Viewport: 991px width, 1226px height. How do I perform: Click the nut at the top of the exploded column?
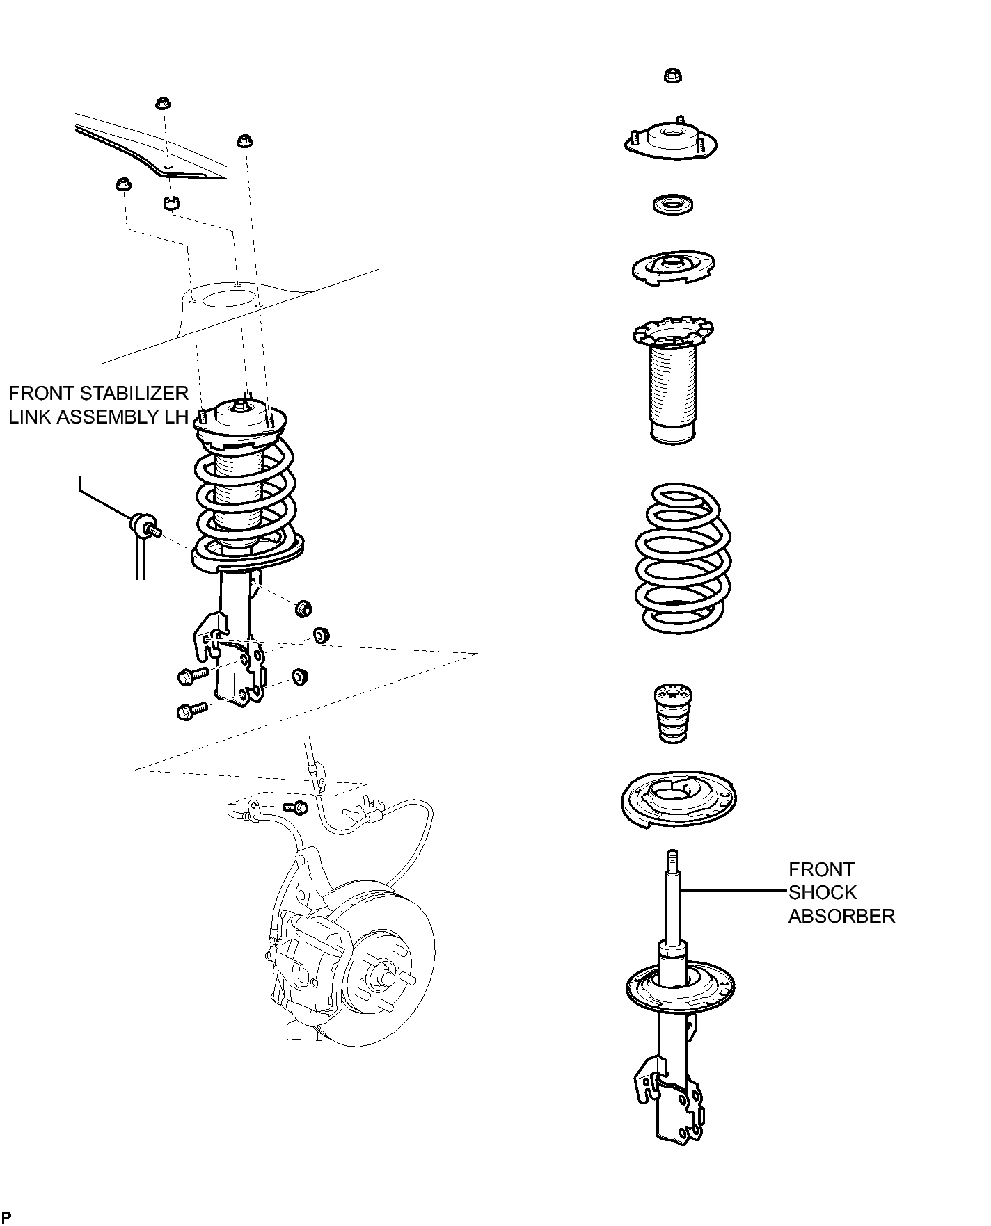(x=672, y=75)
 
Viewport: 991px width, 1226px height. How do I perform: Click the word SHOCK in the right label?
(x=823, y=893)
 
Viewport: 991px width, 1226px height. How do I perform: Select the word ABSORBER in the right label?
(x=841, y=917)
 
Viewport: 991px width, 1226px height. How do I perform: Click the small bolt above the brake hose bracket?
(x=297, y=807)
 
